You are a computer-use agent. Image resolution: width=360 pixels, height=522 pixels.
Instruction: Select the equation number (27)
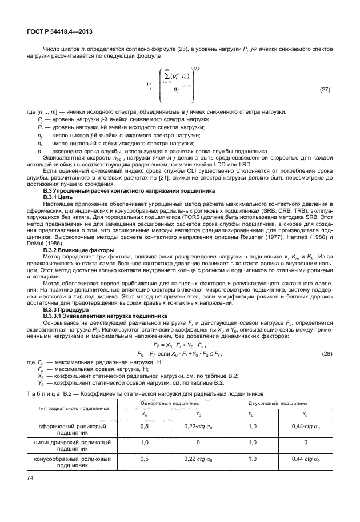(325, 90)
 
